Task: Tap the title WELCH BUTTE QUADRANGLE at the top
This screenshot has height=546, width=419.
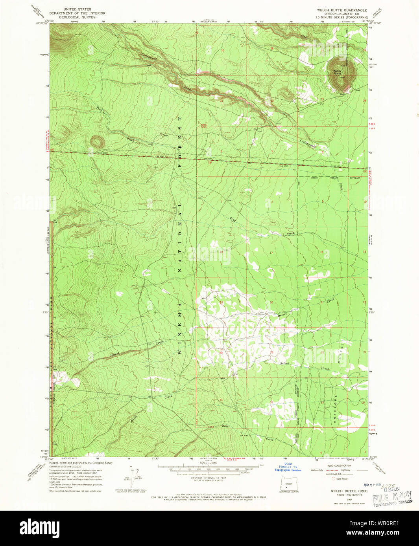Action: [x=342, y=10]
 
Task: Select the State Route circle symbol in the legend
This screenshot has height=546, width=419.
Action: [x=334, y=479]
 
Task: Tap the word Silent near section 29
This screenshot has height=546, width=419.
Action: [x=284, y=363]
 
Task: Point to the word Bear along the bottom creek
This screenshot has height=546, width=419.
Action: [x=225, y=426]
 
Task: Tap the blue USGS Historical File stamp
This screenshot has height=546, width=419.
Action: [x=288, y=467]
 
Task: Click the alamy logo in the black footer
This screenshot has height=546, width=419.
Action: [x=39, y=528]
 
